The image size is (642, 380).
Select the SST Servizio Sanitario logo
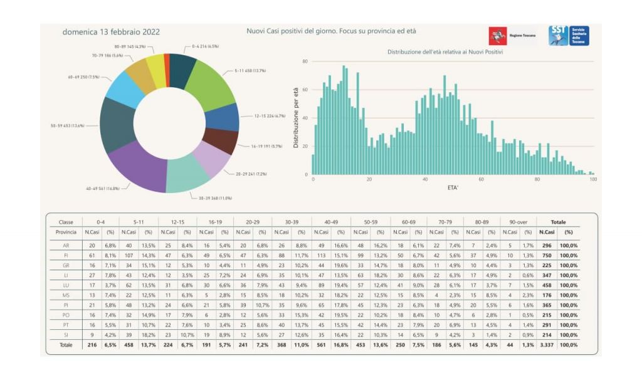click(x=568, y=35)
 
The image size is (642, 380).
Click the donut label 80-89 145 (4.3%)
click(x=130, y=46)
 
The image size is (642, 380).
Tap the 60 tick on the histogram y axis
click(x=305, y=90)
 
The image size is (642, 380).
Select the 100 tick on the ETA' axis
click(x=593, y=179)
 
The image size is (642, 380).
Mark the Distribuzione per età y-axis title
click(x=296, y=118)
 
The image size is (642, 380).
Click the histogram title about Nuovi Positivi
click(x=445, y=52)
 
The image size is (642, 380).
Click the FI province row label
click(x=66, y=255)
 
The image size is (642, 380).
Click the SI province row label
click(x=66, y=335)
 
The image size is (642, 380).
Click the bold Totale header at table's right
click(x=558, y=221)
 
